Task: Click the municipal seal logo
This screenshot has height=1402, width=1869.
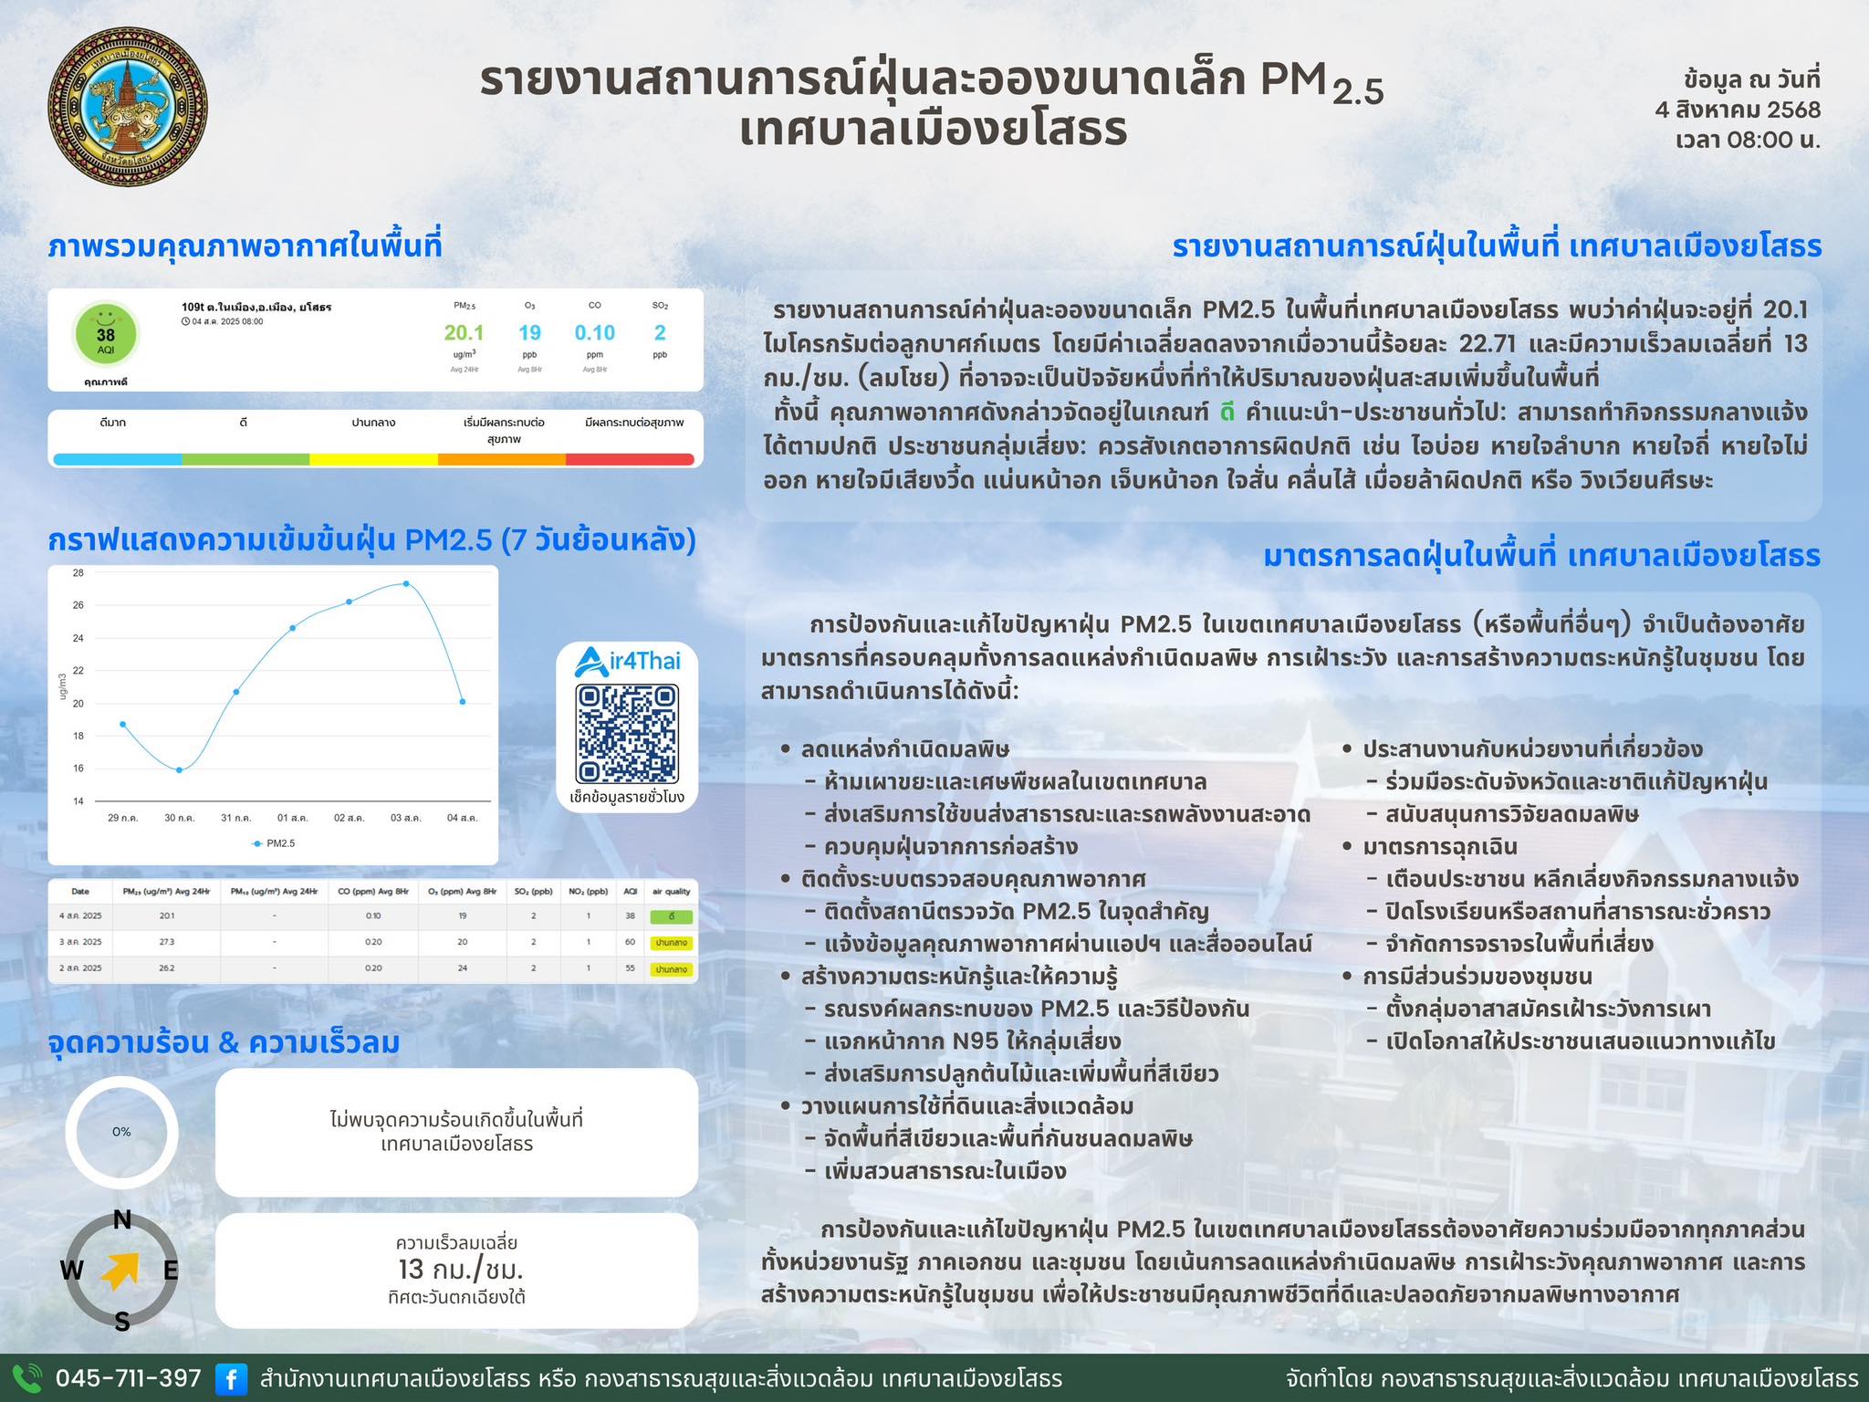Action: (x=128, y=107)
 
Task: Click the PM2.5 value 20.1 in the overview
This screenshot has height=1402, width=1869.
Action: (x=464, y=333)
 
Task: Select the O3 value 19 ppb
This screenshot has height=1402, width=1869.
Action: (x=529, y=333)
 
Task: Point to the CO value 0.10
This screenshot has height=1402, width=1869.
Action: (x=595, y=333)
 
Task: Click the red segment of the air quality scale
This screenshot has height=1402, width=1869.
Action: (x=630, y=459)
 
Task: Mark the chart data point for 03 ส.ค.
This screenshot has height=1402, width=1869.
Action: (x=406, y=583)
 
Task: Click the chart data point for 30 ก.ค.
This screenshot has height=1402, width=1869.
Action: (x=179, y=770)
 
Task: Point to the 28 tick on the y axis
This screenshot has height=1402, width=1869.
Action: (x=78, y=573)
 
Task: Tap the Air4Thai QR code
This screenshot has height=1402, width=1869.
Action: (x=627, y=734)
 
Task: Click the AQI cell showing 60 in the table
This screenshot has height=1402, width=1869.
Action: (x=630, y=942)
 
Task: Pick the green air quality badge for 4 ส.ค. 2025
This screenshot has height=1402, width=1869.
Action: (x=671, y=915)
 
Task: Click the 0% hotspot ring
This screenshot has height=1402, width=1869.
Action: (x=121, y=1132)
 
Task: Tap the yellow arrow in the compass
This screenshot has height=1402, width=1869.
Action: (x=120, y=1271)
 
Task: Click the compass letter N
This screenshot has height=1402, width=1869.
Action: (x=121, y=1220)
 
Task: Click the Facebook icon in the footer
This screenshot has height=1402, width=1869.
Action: (x=231, y=1378)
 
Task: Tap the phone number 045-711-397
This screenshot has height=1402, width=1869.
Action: (x=129, y=1378)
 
